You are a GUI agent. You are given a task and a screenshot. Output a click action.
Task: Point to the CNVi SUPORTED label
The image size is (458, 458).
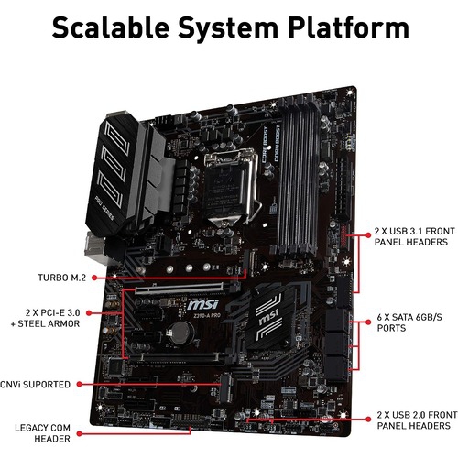(x=36, y=385)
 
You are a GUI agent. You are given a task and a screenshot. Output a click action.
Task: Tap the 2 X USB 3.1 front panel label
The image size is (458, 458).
(x=412, y=238)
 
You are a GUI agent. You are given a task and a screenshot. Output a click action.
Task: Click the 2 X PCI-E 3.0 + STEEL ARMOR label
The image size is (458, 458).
(x=46, y=317)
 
